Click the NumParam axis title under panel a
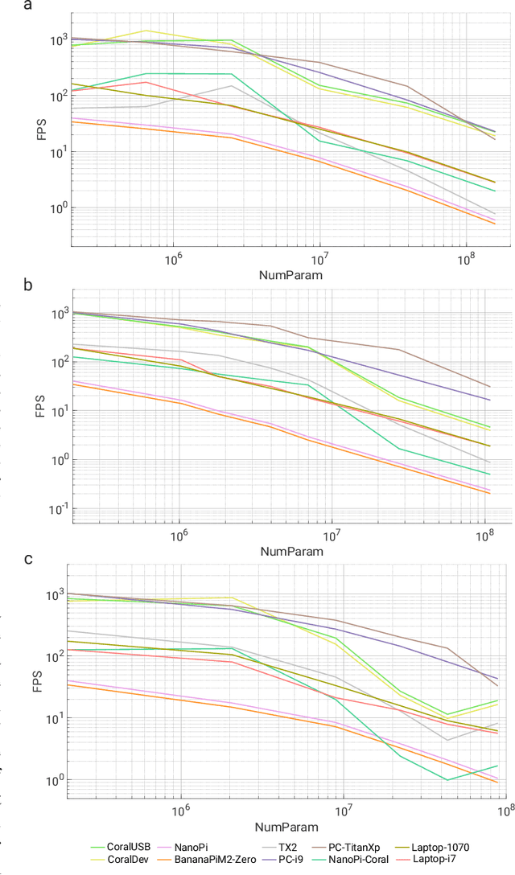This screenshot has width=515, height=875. coord(290,274)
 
